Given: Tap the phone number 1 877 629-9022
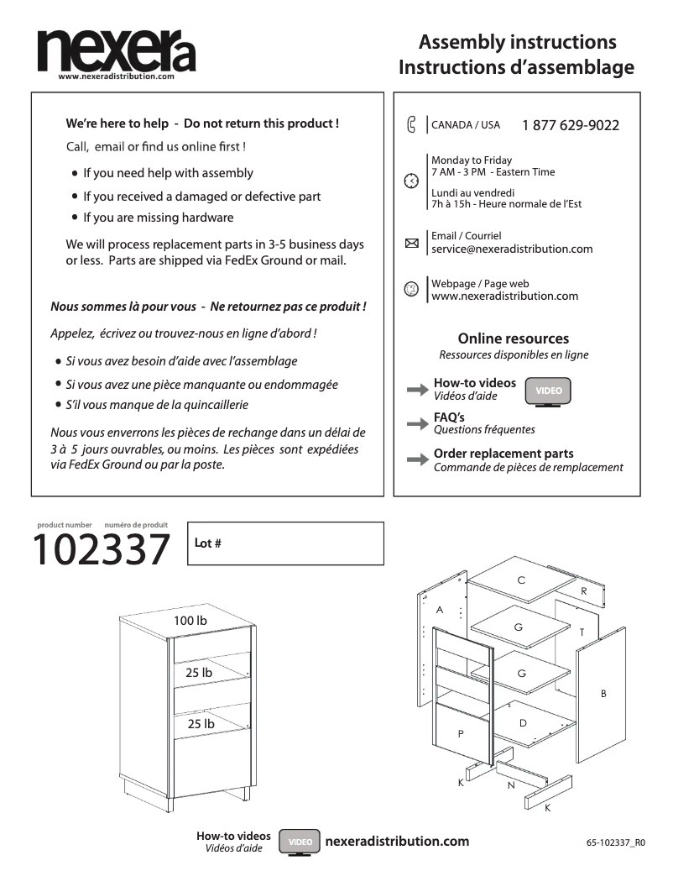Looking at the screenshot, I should (x=570, y=125).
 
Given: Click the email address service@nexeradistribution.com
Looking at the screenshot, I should (x=512, y=249).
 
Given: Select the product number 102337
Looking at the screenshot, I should (x=101, y=551).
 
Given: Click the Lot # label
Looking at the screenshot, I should (x=207, y=543).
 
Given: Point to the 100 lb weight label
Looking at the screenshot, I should (x=190, y=621).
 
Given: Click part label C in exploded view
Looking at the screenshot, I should (x=521, y=580).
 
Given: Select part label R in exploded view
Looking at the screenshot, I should (x=584, y=591).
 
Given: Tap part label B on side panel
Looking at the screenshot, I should (x=603, y=694).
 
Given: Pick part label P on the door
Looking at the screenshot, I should (x=460, y=733).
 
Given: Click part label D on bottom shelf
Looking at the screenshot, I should (x=523, y=722).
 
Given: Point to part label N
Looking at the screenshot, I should (x=510, y=785).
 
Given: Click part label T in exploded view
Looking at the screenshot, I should (x=581, y=632).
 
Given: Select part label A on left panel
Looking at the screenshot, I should (x=439, y=609).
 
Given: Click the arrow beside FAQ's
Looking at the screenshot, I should (x=417, y=424).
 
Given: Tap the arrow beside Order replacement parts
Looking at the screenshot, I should (x=417, y=460).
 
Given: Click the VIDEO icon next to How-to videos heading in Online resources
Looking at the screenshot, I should (x=548, y=391).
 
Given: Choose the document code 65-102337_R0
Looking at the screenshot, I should (x=616, y=842).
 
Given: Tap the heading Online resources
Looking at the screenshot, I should (x=513, y=338).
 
